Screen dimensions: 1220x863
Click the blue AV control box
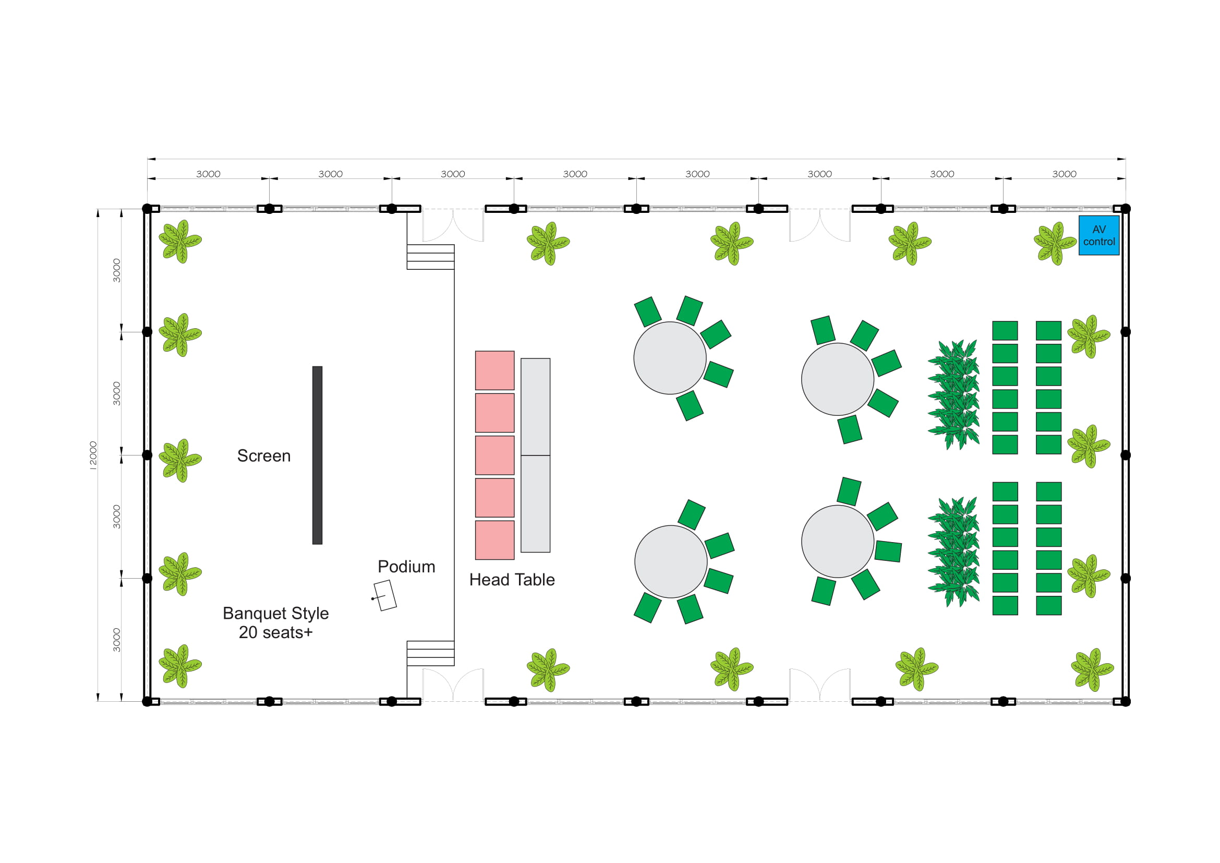tap(1099, 235)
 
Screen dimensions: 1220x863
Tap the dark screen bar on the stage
tap(317, 455)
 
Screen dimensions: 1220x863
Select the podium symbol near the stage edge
tap(385, 595)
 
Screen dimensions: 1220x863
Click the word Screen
tap(264, 456)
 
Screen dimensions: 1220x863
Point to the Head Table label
tap(512, 580)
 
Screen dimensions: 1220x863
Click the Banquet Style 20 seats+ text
tap(276, 623)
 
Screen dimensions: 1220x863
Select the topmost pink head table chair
tap(494, 370)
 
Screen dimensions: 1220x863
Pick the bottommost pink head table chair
tap(494, 540)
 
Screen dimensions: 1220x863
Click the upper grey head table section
tap(535, 406)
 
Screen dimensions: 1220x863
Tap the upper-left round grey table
tap(670, 357)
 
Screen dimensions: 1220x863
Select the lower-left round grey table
tap(671, 562)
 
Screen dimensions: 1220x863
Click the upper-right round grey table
tap(838, 379)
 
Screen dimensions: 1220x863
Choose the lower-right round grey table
tap(838, 541)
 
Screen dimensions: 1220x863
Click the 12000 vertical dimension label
tap(93, 456)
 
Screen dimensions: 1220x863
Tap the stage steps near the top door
tap(430, 257)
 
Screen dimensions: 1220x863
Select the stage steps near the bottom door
tap(430, 653)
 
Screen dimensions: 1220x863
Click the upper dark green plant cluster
tap(954, 395)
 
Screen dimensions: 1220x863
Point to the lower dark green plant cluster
tap(954, 552)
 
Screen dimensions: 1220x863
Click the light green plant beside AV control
tap(1054, 243)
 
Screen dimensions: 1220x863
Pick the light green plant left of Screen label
tap(180, 460)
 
